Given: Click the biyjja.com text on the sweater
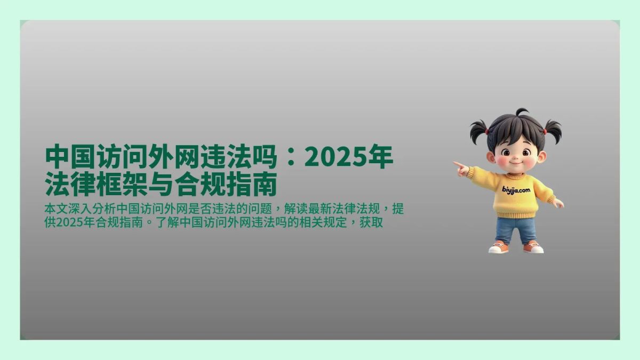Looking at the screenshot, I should click(x=516, y=189).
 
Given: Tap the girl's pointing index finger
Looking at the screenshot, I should click(x=458, y=164).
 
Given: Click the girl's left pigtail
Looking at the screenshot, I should click(x=478, y=130).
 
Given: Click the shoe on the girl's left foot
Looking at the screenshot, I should click(x=498, y=247).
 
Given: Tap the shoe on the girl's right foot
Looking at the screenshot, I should click(x=533, y=247).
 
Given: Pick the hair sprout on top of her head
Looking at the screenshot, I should click(x=521, y=112).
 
